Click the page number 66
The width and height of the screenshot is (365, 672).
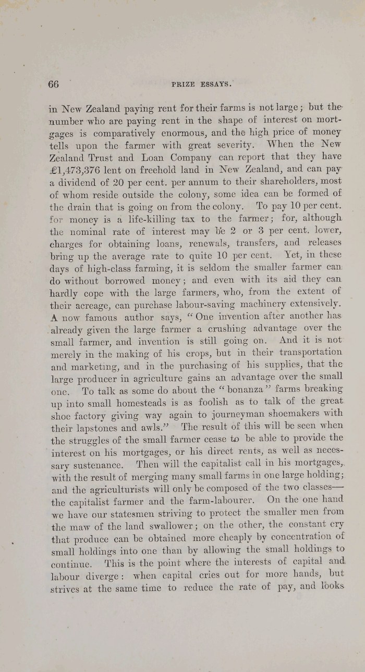click(53, 84)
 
